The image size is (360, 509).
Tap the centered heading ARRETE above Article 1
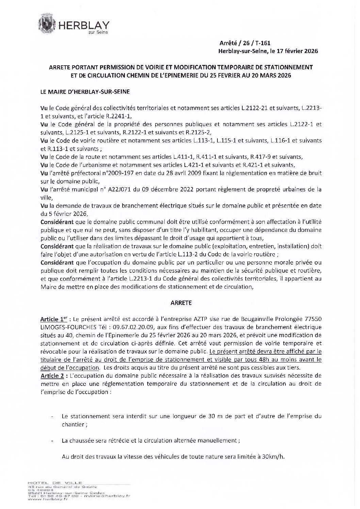pyautogui.click(x=180, y=302)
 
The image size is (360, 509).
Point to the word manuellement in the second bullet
pyautogui.click(x=220, y=440)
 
